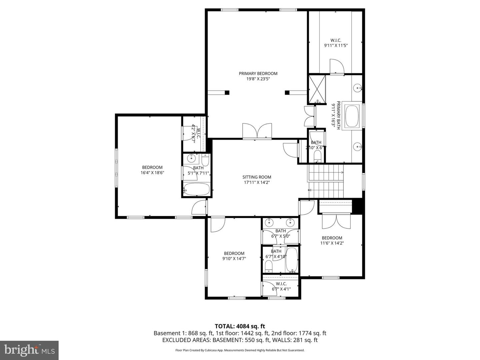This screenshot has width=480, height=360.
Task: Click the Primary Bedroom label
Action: (x=258, y=74)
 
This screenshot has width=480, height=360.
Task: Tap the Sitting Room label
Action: (x=257, y=177)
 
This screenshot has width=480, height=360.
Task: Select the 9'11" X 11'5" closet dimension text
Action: (x=336, y=45)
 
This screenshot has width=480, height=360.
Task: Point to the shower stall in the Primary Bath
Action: (x=317, y=89)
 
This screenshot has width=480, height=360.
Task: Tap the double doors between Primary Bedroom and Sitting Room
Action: (x=257, y=131)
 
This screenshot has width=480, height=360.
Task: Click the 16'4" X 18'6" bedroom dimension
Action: (x=152, y=173)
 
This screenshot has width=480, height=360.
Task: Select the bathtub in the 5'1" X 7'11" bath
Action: (x=197, y=190)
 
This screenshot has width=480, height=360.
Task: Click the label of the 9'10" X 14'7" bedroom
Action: (x=234, y=253)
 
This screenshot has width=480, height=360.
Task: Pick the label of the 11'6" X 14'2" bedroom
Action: (x=332, y=238)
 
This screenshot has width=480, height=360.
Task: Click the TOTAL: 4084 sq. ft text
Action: (x=240, y=326)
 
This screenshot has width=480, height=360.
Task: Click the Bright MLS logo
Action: (x=29, y=350)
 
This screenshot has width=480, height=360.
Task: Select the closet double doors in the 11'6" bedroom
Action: (x=336, y=222)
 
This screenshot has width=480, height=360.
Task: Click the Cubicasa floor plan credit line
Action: (x=240, y=350)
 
